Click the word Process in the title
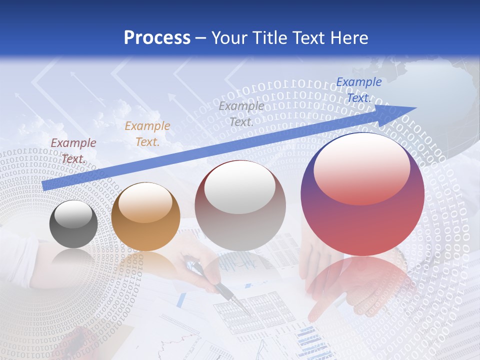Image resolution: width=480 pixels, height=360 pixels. (x=157, y=38)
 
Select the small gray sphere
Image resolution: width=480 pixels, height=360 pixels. (x=73, y=224)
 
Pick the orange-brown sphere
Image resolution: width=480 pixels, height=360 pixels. (x=145, y=216)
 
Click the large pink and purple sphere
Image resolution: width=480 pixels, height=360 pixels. (x=362, y=194)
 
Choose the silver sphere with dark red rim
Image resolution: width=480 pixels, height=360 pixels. (x=240, y=205)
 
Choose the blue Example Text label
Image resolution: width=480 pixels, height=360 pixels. (x=358, y=90)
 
